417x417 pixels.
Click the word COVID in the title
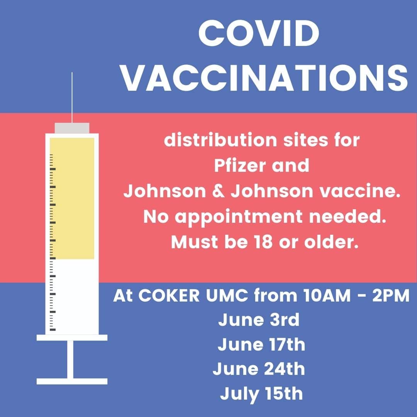258,34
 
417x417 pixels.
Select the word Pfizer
240,165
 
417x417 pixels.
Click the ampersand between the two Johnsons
218,191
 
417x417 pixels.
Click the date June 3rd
259,320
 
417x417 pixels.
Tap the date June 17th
261,344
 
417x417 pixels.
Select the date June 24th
259,369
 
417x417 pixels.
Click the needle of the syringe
72,97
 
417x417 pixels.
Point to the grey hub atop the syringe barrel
72,128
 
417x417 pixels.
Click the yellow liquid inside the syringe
72,198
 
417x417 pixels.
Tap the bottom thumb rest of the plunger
72,381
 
